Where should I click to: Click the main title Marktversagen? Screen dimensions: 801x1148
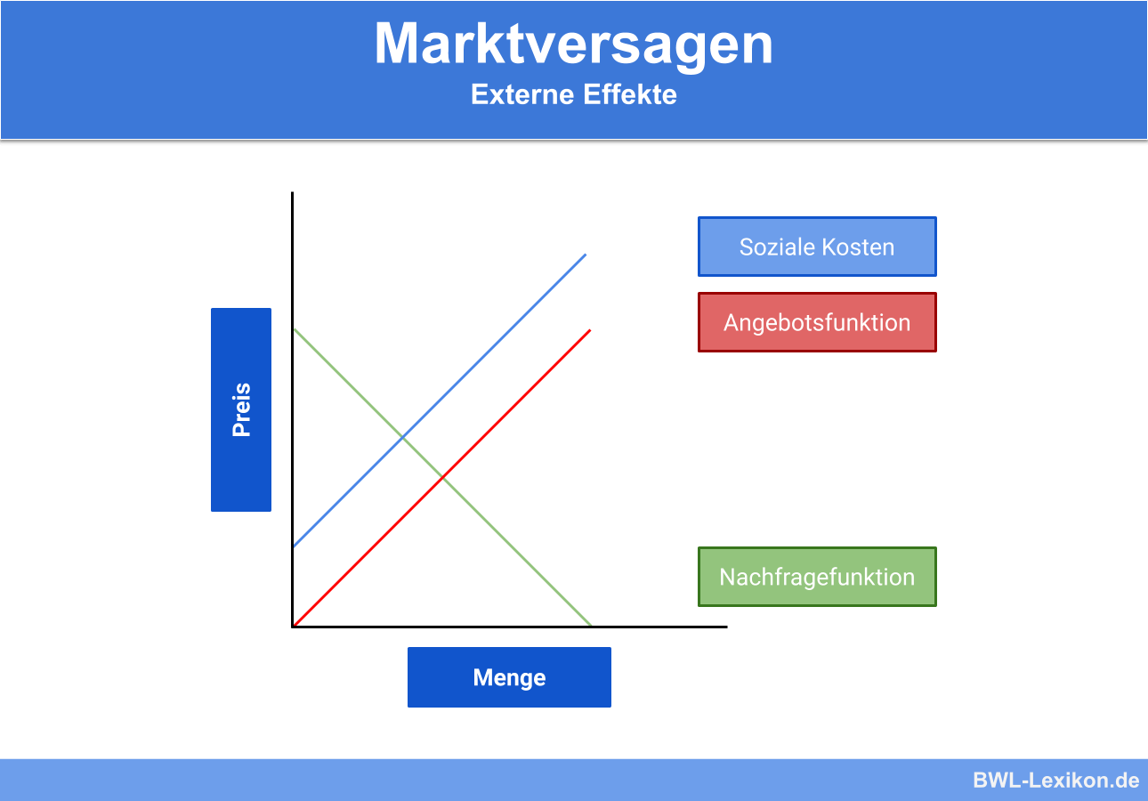pos(573,43)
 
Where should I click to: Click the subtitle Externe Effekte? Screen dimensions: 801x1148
pos(573,94)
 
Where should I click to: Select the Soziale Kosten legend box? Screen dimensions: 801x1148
pos(817,247)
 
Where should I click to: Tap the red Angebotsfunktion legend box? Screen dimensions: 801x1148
pos(817,322)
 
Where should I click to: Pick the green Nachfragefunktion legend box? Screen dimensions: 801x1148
pos(817,577)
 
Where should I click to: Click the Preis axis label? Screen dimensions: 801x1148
pos(241,409)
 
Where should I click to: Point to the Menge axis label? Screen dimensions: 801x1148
pos(509,677)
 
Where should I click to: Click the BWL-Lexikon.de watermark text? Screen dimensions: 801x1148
pos(1055,781)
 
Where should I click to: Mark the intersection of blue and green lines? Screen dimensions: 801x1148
pos(402,437)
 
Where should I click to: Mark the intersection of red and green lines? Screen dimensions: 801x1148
pos(442,479)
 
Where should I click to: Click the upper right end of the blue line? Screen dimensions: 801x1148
pos(586,255)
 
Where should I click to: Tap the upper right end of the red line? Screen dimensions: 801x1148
pos(589,330)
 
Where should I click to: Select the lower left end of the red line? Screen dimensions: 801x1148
pos(295,625)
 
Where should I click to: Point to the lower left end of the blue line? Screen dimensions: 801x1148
pos(295,546)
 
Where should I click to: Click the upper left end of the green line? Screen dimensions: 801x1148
pos(295,330)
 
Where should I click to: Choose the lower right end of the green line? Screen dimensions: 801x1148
pos(590,625)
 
